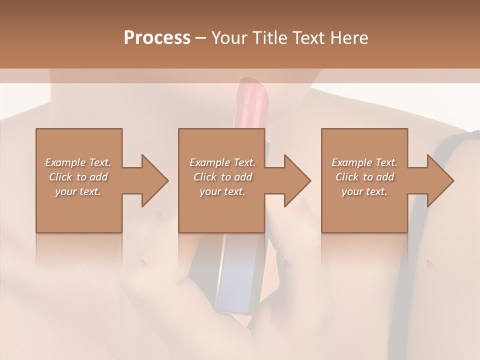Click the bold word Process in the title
(x=157, y=38)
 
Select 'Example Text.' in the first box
(x=78, y=162)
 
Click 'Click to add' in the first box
(x=78, y=177)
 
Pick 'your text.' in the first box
(x=78, y=191)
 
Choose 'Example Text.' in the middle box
(x=222, y=162)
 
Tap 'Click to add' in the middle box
(x=222, y=177)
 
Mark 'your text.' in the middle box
(x=222, y=191)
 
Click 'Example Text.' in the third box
(x=364, y=162)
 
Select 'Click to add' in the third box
(x=364, y=177)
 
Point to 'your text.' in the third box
(x=364, y=191)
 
